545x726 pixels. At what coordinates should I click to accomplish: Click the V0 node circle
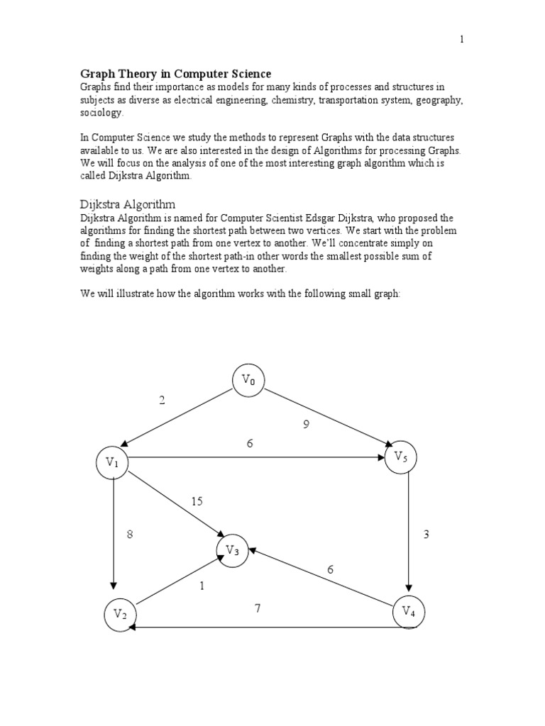coord(248,380)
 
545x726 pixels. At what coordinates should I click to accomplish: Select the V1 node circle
coord(112,462)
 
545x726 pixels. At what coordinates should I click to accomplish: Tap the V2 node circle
coord(120,614)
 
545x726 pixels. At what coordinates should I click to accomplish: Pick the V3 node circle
coord(233,550)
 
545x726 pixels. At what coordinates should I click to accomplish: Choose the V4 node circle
coord(409,611)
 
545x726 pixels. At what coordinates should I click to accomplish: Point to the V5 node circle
coord(401,457)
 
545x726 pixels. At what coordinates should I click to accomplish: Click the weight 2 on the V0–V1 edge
coord(162,401)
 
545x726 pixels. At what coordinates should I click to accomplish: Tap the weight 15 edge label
coord(197,501)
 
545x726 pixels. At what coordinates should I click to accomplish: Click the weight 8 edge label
coord(130,535)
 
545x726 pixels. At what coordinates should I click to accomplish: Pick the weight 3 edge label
coord(426,535)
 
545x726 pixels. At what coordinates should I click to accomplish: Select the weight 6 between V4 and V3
coord(330,569)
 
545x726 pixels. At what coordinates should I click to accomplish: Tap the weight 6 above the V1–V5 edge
coord(250,443)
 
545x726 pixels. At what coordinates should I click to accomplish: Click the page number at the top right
coord(461,40)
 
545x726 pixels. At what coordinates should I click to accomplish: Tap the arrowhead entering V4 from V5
coord(409,587)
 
